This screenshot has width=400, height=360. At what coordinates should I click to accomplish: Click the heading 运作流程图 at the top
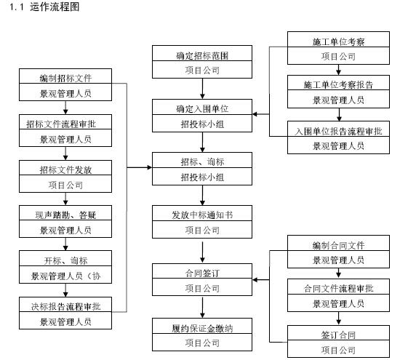coord(55,7)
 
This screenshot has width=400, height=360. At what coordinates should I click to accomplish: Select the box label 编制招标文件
coord(65,78)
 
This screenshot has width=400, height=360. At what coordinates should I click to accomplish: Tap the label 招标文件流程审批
coord(61,124)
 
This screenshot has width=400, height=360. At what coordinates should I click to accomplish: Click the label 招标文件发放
coord(65,169)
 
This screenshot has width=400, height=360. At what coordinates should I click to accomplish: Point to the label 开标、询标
coord(65,260)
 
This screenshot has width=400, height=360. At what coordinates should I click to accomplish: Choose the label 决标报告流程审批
coord(65,306)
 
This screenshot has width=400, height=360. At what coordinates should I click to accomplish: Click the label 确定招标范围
coord(202,55)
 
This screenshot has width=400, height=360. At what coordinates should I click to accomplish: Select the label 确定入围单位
coord(202,109)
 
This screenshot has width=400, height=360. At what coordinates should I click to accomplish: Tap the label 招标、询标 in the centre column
coord(202,161)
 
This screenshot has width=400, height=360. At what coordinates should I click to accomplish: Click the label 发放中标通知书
coord(202,215)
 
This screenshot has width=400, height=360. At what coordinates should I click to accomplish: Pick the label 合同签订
coord(202,273)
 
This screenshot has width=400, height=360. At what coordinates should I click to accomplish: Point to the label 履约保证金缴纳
coord(202,328)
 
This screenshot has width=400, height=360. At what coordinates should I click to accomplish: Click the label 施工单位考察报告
coord(338,84)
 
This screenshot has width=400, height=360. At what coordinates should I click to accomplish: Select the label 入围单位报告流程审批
coord(338,131)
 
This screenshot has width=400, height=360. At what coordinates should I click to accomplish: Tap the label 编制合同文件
coord(338,245)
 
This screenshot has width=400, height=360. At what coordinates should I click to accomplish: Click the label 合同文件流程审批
coord(338,289)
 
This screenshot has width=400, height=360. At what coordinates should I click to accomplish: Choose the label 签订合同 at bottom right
coord(338,335)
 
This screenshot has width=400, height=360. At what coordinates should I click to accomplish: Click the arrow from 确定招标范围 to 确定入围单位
coord(202,89)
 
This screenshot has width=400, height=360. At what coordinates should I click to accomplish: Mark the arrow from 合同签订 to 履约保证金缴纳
coord(202,308)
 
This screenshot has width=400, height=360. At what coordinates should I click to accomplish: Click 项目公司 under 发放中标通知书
coord(202,230)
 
